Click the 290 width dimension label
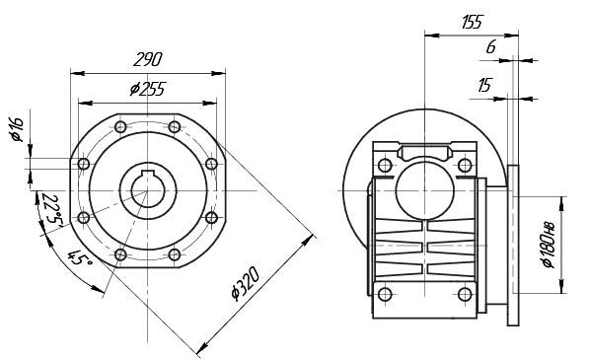(x=148, y=59)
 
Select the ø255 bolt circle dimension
(x=148, y=89)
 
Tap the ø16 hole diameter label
(x=18, y=129)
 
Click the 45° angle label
(x=79, y=257)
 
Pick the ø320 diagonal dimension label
(x=246, y=284)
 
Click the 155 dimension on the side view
(x=472, y=22)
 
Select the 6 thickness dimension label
(x=491, y=47)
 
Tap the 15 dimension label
(x=484, y=85)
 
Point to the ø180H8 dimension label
(x=549, y=246)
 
